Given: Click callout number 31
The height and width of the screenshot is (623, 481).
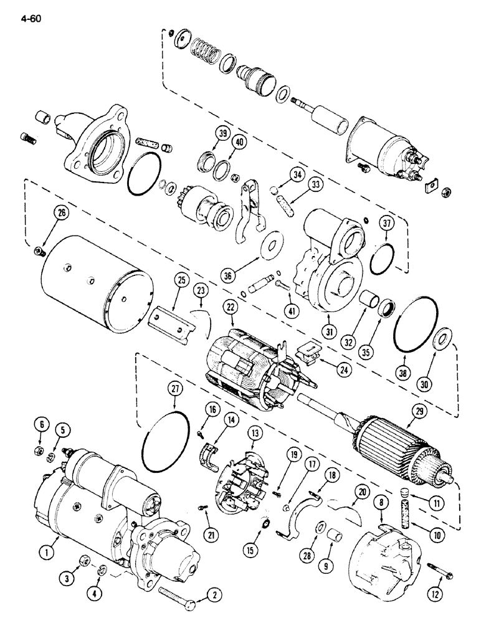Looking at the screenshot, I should click(325, 329).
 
